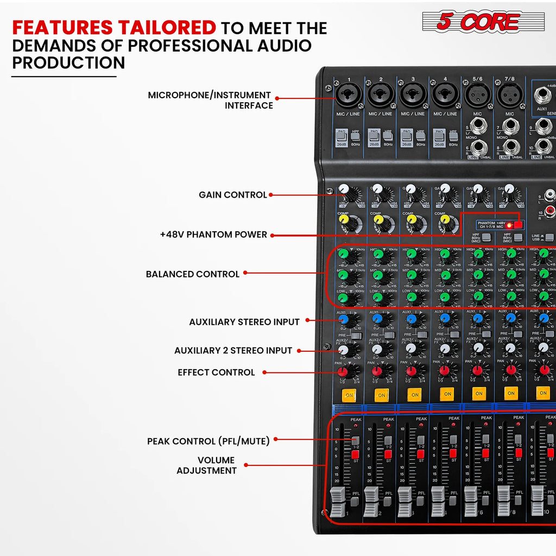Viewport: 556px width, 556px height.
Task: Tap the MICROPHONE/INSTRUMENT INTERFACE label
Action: pos(210,100)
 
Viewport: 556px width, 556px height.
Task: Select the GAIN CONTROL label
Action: pos(233,194)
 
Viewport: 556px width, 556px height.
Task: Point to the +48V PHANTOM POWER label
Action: pos(213,235)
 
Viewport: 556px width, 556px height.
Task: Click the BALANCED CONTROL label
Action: pos(192,274)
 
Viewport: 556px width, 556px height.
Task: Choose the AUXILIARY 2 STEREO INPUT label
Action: pos(233,350)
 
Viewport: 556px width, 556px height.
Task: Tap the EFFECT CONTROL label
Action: pos(216,372)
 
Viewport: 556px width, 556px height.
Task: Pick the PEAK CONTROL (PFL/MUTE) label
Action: pos(208,441)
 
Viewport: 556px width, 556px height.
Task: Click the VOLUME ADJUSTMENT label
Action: pos(206,465)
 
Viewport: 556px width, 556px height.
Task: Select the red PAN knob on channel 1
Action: pos(343,372)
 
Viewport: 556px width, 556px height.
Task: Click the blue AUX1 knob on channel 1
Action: pos(344,319)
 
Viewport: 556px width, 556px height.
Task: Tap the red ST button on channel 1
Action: pos(356,454)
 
